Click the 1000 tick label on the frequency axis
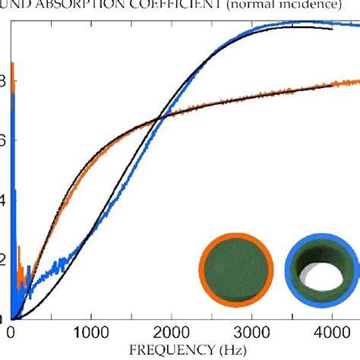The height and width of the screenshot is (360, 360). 90,332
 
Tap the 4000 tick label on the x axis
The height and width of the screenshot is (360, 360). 332,332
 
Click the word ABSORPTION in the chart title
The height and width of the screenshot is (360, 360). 74,5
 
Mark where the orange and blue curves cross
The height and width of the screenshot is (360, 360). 158,117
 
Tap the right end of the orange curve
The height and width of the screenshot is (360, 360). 358,81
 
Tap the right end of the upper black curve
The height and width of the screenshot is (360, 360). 332,29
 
